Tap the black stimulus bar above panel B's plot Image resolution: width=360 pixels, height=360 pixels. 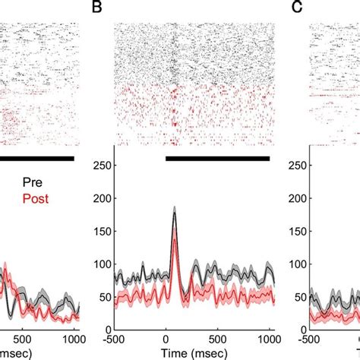click(x=217, y=158)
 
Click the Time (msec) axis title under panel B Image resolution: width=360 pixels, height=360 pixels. click(x=192, y=353)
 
